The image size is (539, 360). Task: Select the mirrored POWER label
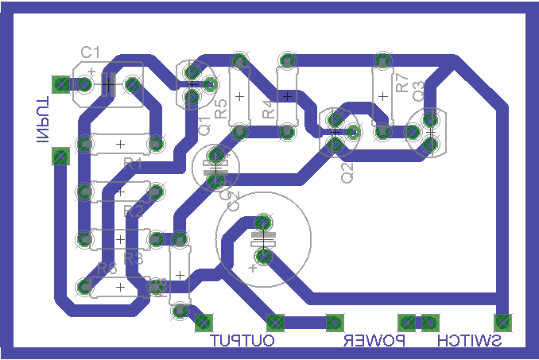[374, 342]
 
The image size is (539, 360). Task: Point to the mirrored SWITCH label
[470, 342]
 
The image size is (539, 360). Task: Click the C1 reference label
[90, 52]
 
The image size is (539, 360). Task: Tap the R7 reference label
[402, 82]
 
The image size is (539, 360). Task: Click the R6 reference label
[107, 268]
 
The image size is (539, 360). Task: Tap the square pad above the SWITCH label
[502, 322]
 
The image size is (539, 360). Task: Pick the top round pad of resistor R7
[383, 60]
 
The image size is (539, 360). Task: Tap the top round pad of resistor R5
[239, 60]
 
